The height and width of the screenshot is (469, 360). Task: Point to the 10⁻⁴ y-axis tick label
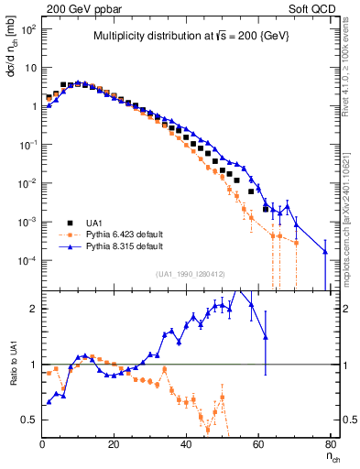click(27, 261)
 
